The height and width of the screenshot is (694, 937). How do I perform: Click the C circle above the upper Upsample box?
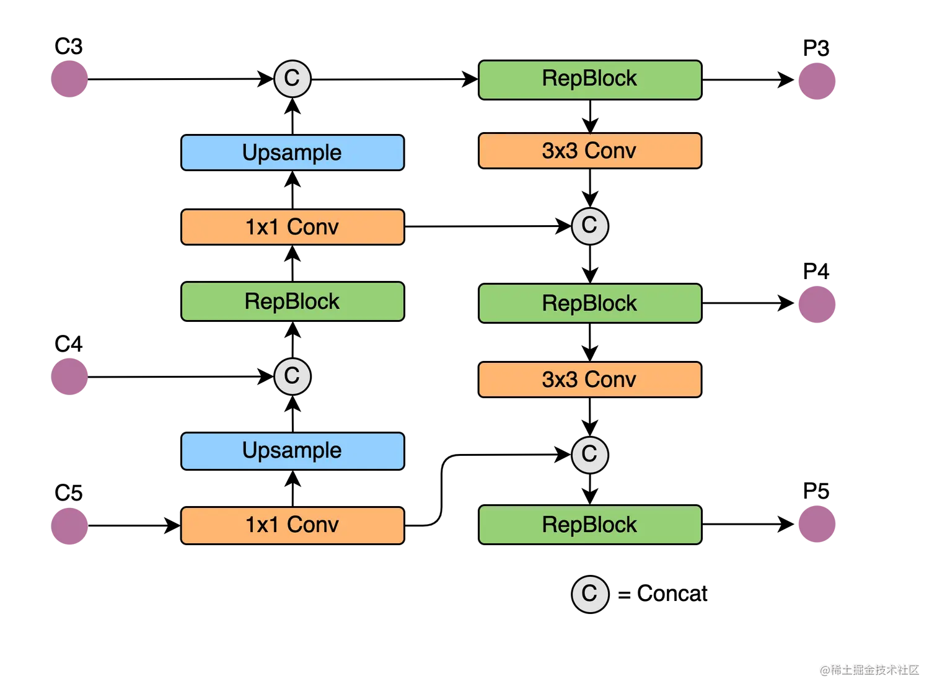[x=292, y=79]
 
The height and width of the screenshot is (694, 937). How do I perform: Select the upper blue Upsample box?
[x=292, y=153]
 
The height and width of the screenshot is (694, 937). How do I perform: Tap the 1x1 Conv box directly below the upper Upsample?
[x=292, y=227]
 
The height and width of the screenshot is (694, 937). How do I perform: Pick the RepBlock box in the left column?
[x=292, y=301]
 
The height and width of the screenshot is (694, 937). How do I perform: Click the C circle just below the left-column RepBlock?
[x=292, y=376]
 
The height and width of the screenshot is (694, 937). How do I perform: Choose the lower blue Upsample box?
[x=292, y=450]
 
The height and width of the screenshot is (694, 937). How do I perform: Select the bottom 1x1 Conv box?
[x=292, y=525]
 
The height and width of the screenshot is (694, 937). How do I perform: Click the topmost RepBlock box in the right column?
[x=589, y=79]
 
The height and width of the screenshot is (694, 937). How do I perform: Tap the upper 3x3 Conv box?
[x=589, y=151]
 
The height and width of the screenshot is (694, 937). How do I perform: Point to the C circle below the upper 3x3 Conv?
[x=589, y=226]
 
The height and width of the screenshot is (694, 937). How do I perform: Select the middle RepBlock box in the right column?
[x=589, y=303]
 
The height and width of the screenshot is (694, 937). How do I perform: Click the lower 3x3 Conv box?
[x=589, y=379]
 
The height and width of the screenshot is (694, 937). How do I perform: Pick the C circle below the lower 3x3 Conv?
[x=589, y=454]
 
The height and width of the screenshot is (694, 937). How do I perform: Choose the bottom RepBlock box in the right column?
[x=589, y=525]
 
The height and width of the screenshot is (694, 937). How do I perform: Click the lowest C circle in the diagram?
[x=589, y=594]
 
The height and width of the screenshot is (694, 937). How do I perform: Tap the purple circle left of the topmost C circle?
[x=69, y=78]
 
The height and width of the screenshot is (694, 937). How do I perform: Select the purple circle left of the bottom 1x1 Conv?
[x=69, y=526]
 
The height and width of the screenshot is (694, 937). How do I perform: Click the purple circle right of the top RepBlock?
[x=817, y=81]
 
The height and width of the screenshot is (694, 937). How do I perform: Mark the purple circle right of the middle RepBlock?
[x=817, y=305]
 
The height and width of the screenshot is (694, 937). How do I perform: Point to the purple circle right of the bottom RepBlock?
[x=817, y=524]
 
